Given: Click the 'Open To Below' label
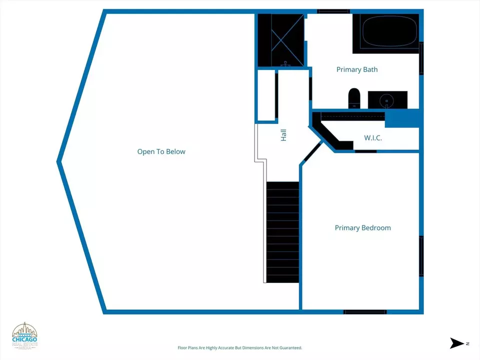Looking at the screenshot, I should click(161, 151).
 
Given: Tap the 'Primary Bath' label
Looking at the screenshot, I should click(356, 69).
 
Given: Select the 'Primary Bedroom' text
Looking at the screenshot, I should click(362, 228).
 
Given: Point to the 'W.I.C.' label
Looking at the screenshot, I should click(372, 137).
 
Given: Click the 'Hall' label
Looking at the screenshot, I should click(283, 134).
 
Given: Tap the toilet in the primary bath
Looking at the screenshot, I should click(354, 98).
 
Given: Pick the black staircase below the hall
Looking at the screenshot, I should click(282, 232).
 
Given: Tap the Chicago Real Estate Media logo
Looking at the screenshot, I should click(24, 335).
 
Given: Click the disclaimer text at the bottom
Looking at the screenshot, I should click(240, 347).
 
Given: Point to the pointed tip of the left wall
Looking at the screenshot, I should click(59, 161).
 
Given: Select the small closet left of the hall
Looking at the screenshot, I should click(266, 95).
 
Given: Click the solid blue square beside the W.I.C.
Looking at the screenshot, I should click(401, 118).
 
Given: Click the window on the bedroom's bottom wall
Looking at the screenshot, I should click(365, 312).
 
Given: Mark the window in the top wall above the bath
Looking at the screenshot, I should click(333, 10).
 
